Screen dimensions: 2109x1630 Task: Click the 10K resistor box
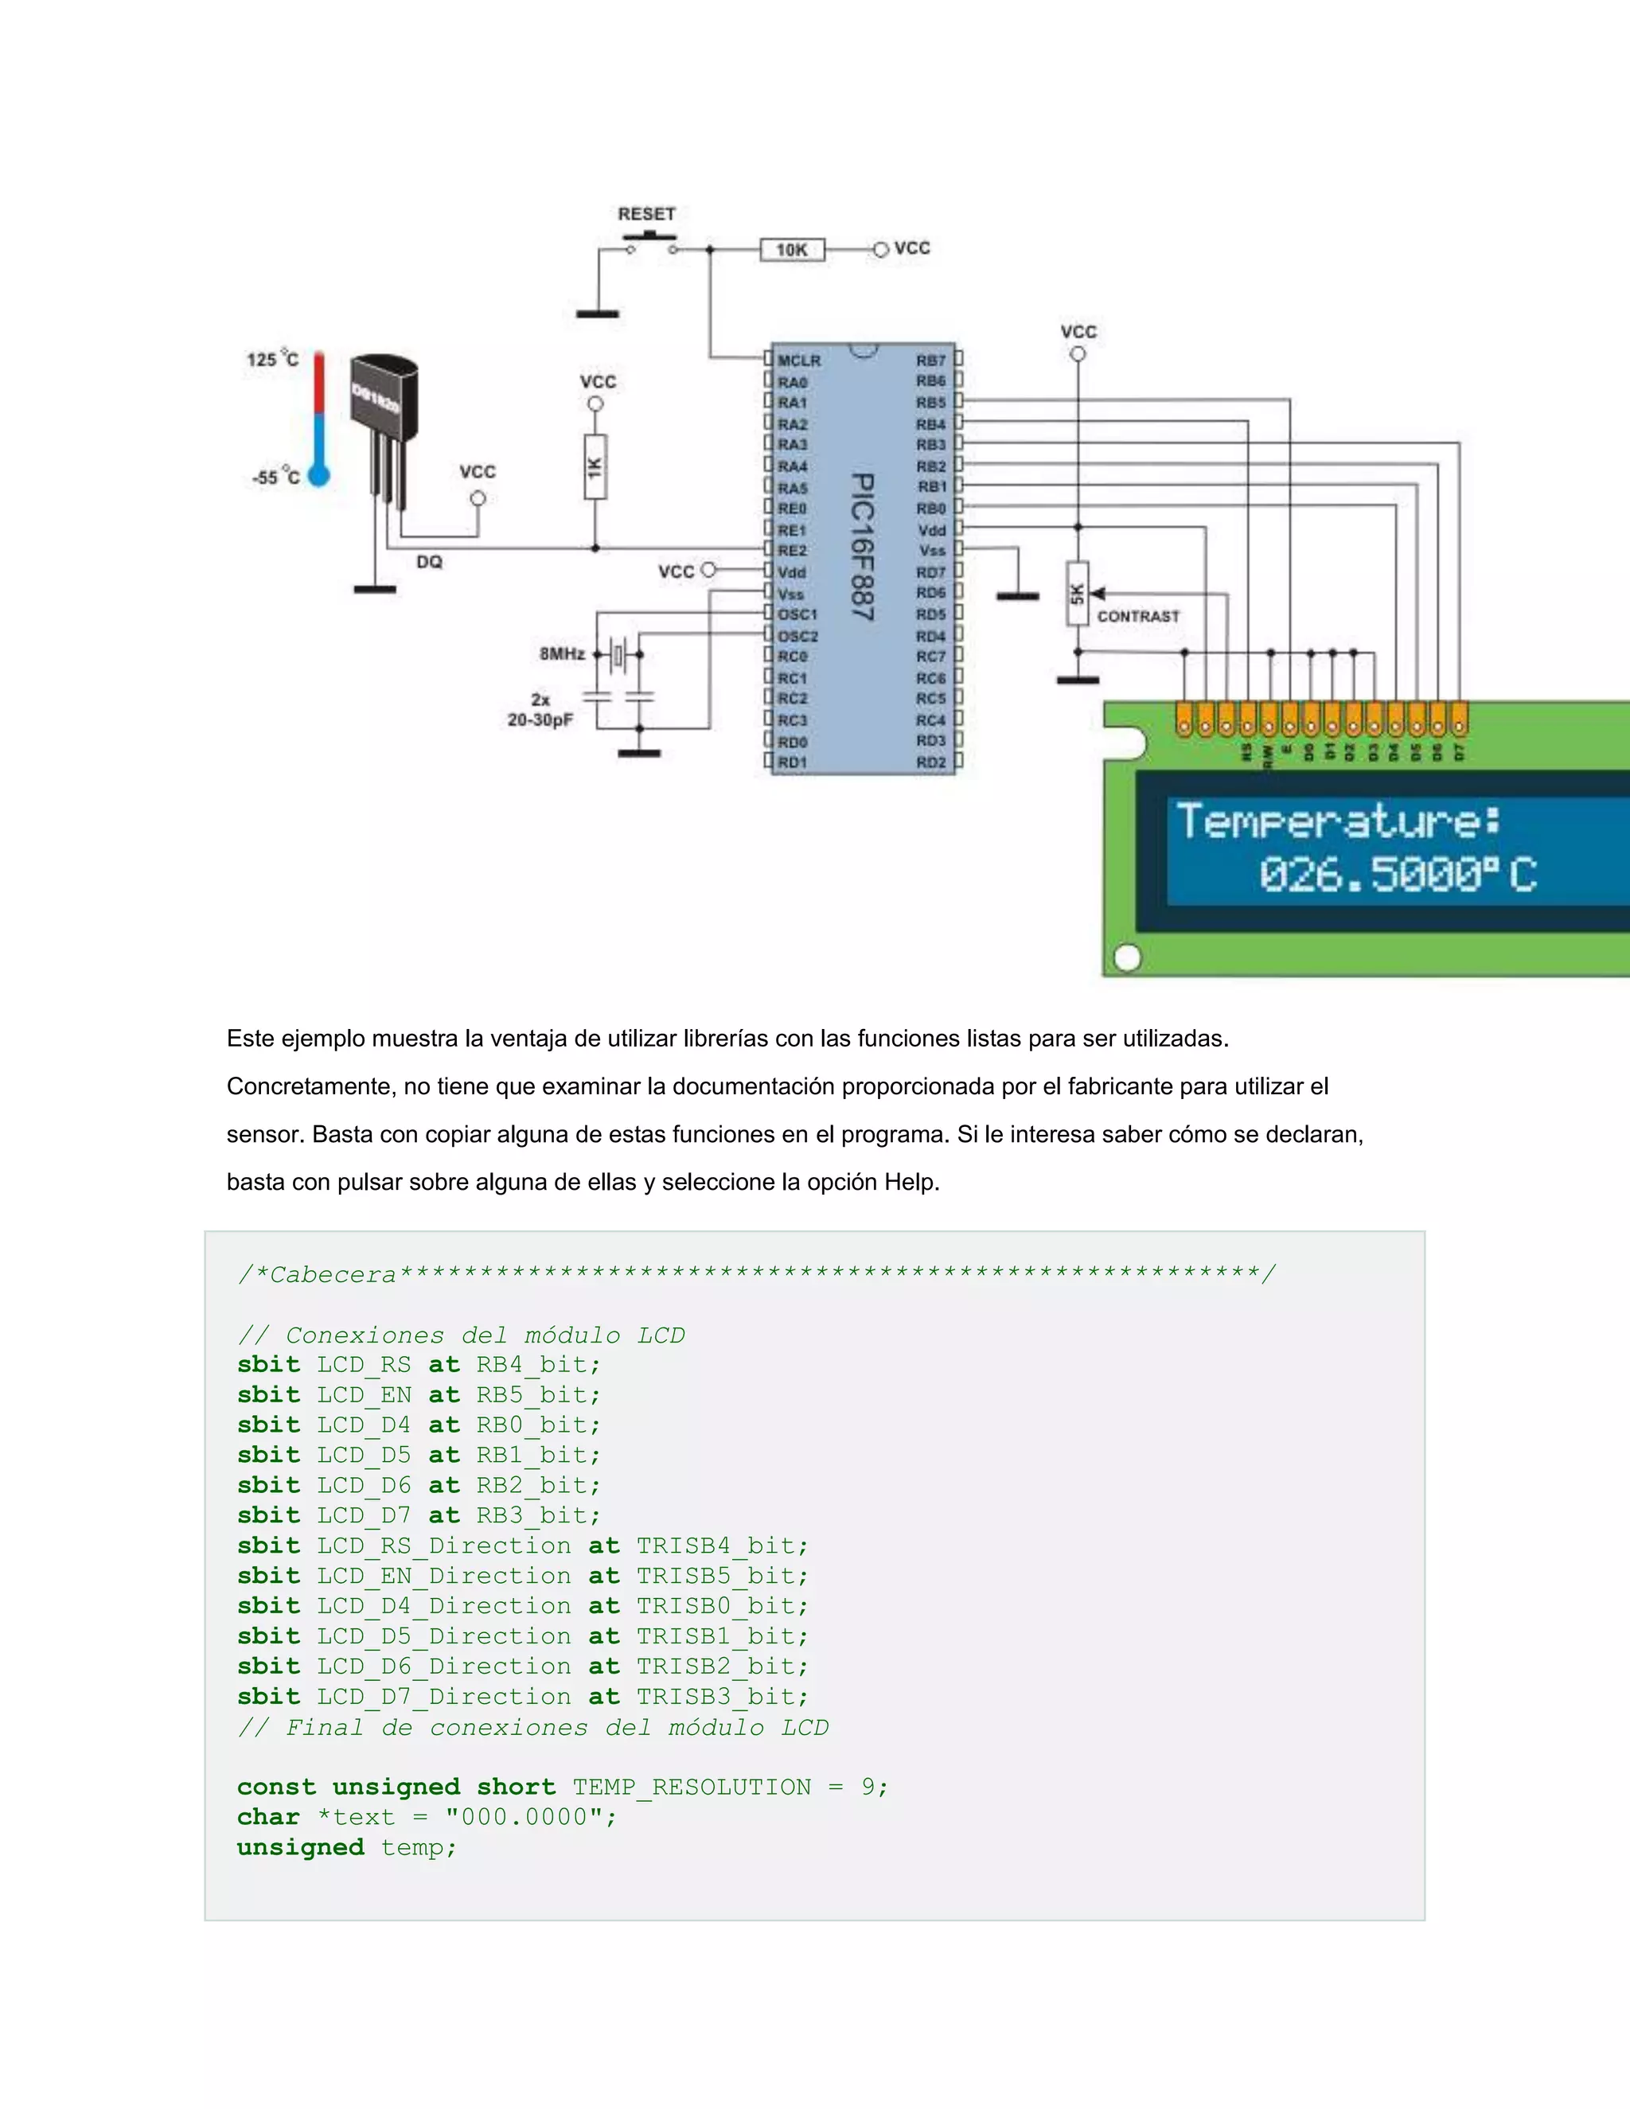[792, 250]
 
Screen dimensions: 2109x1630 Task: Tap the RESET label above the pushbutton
[646, 214]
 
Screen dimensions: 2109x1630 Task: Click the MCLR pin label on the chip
[800, 361]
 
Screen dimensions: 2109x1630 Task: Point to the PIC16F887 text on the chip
[862, 547]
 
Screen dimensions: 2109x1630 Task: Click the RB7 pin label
[931, 361]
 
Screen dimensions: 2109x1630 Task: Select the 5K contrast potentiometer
[1078, 594]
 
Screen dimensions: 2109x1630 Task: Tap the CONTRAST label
[1138, 616]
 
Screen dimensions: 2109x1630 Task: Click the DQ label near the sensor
[429, 562]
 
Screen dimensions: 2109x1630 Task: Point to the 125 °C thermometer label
[272, 359]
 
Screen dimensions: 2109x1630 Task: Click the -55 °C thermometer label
[275, 477]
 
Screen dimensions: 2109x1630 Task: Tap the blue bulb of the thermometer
[318, 475]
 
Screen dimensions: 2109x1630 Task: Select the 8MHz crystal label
[562, 653]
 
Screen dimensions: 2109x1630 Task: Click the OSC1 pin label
[797, 614]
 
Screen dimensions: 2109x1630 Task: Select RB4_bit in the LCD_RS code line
[537, 1364]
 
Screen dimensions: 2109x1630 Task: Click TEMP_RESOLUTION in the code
[692, 1787]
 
